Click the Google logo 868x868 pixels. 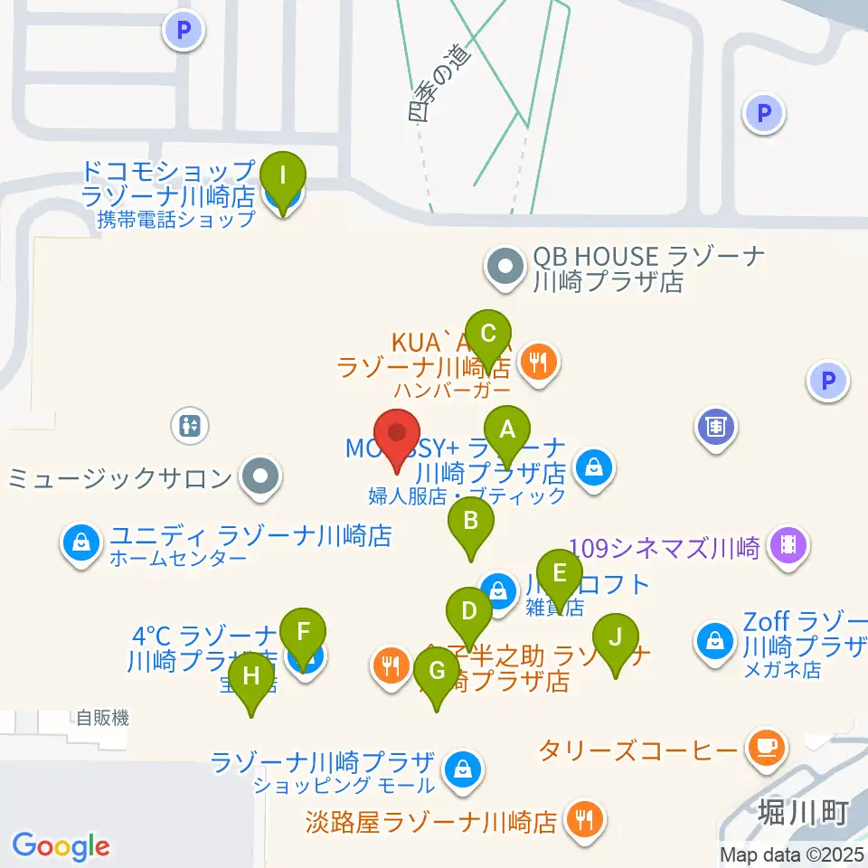[x=61, y=846]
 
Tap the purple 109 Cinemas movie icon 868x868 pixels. [x=788, y=544]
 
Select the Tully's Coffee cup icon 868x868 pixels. [x=766, y=747]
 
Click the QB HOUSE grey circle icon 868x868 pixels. [x=505, y=267]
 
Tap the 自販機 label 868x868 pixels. [x=102, y=719]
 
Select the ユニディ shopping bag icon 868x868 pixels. [x=80, y=543]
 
